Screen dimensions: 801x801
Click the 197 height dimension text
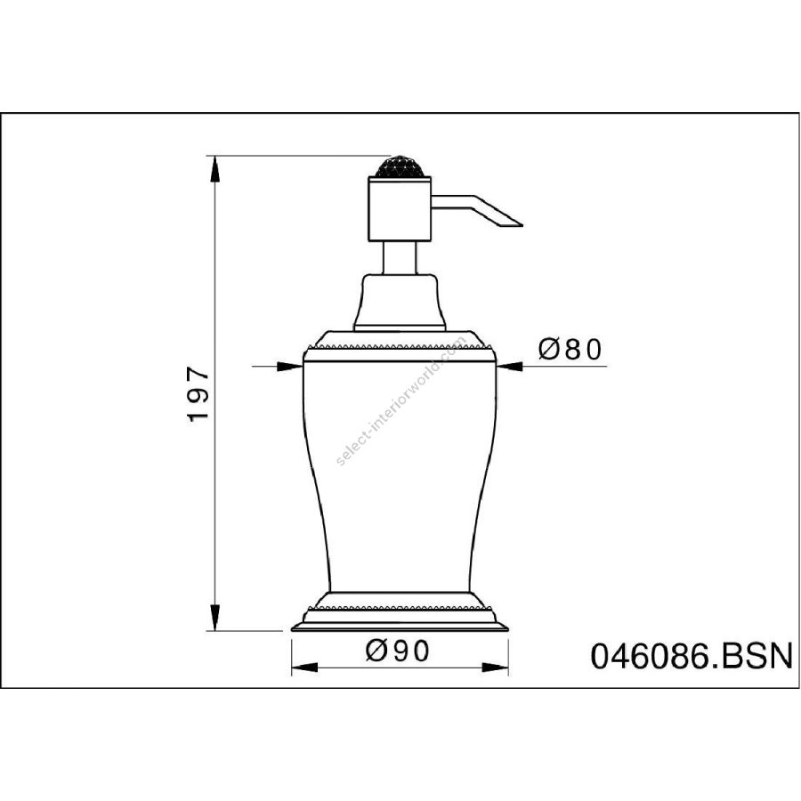pos(198,393)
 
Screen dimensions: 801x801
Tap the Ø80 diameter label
pos(570,350)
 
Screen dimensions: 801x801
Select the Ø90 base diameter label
pos(398,651)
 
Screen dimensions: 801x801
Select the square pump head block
pos(400,208)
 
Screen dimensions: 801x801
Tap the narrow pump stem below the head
pos(400,258)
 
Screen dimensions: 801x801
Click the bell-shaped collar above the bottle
pos(400,303)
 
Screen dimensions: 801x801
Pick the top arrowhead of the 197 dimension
pos(215,168)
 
